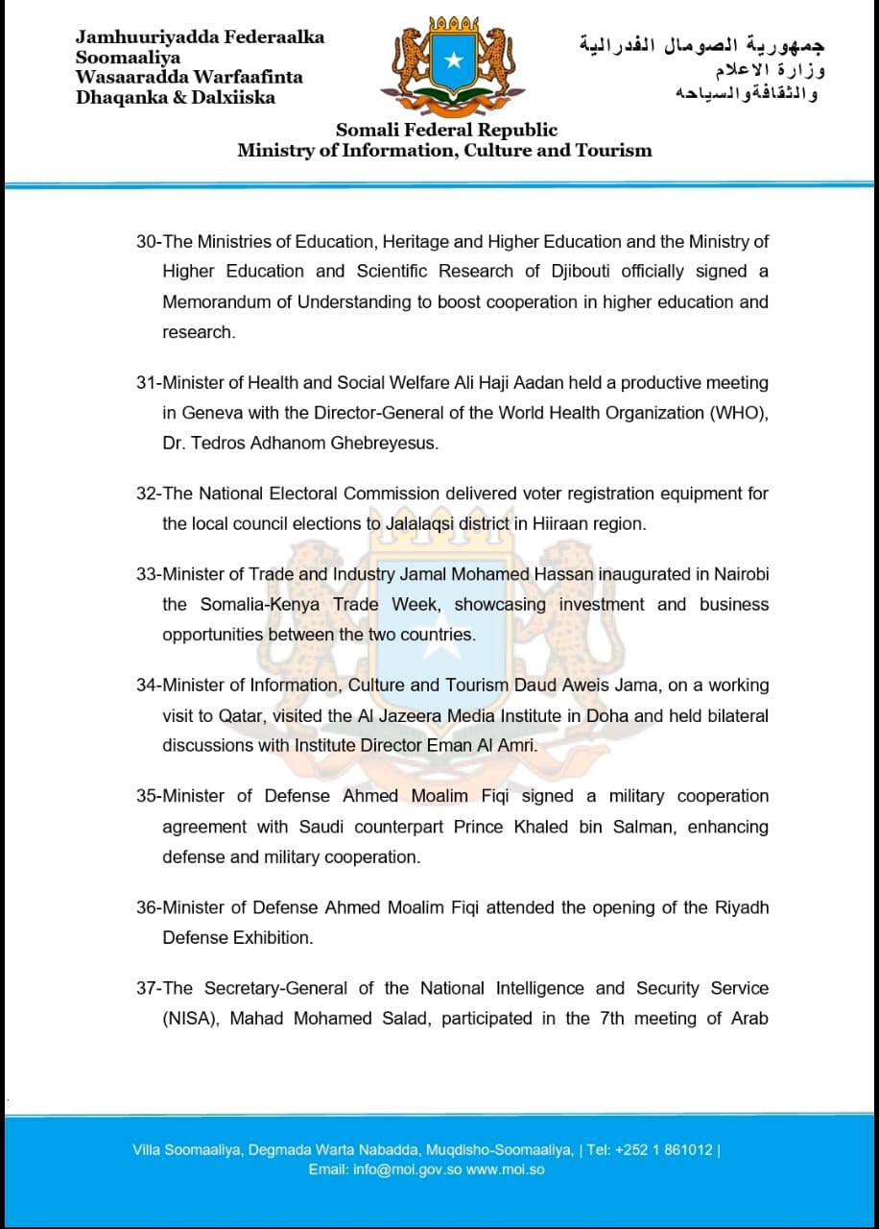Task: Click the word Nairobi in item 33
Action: [741, 574]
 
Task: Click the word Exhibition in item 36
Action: [273, 937]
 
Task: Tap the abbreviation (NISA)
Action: [193, 1018]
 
